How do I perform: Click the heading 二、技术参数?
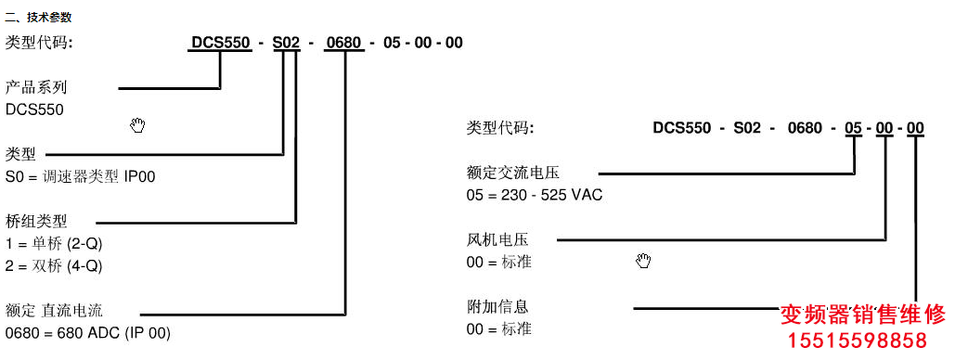[38, 17]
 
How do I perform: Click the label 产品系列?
[36, 87]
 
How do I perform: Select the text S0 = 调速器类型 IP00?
[81, 176]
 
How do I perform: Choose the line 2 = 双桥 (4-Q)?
[54, 265]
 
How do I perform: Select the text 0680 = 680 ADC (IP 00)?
[88, 332]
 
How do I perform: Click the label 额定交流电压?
[513, 173]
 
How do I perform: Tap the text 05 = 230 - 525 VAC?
[536, 195]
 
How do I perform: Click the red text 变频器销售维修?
[862, 312]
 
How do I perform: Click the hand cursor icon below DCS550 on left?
[137, 125]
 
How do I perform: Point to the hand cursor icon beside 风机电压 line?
[643, 261]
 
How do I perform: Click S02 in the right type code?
[746, 128]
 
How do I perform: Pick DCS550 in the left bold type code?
[220, 43]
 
